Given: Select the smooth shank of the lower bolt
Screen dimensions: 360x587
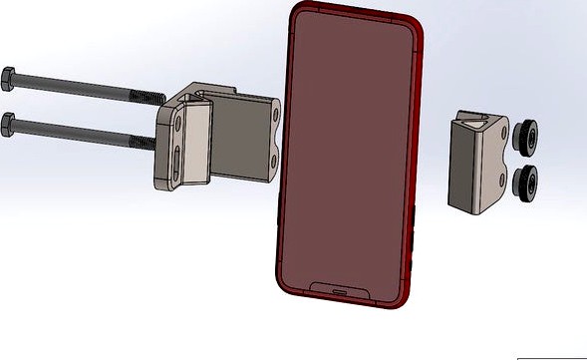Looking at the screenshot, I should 70,132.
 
